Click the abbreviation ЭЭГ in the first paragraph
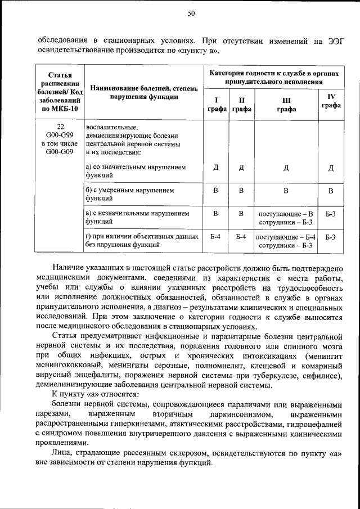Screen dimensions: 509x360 [x=333, y=40]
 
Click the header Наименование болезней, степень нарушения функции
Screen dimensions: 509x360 [x=145, y=92]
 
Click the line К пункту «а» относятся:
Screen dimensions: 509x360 [x=92, y=394]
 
